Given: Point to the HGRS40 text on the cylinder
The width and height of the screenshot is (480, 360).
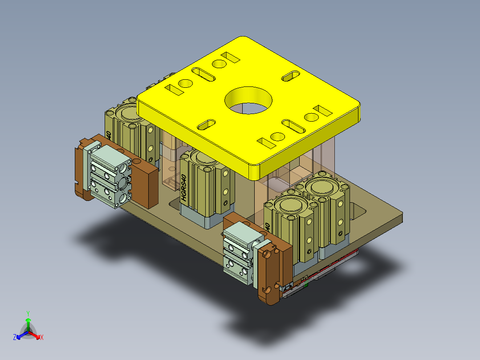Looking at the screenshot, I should (x=184, y=189).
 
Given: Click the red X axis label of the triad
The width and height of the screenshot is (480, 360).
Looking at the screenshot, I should (x=41, y=338).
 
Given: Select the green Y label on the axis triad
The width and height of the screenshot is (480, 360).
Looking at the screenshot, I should (x=28, y=313).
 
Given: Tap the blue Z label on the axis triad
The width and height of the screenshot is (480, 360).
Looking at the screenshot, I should (x=15, y=338).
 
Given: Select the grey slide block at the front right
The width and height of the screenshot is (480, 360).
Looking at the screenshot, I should (x=238, y=252).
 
